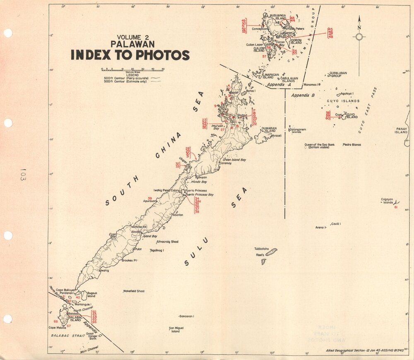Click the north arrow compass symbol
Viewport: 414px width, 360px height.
pyautogui.click(x=359, y=36)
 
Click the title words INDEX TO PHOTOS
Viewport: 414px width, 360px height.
pyautogui.click(x=130, y=55)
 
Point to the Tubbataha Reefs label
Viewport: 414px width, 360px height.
pyautogui.click(x=262, y=252)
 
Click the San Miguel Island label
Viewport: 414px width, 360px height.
pyautogui.click(x=176, y=330)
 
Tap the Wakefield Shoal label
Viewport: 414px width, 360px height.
pyautogui.click(x=134, y=291)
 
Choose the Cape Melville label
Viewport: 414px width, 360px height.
pyautogui.click(x=58, y=328)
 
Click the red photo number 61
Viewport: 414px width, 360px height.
pyautogui.click(x=396, y=207)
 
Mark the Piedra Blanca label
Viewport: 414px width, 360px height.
pyautogui.click(x=351, y=145)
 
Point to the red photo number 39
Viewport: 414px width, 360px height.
pyautogui.click(x=149, y=199)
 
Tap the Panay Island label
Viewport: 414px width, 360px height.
pyautogui.click(x=401, y=131)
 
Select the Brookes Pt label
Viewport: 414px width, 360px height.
pyautogui.click(x=129, y=260)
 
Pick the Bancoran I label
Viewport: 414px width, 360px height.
pyautogui.click(x=187, y=317)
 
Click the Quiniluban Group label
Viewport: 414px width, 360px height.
pyautogui.click(x=338, y=74)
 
